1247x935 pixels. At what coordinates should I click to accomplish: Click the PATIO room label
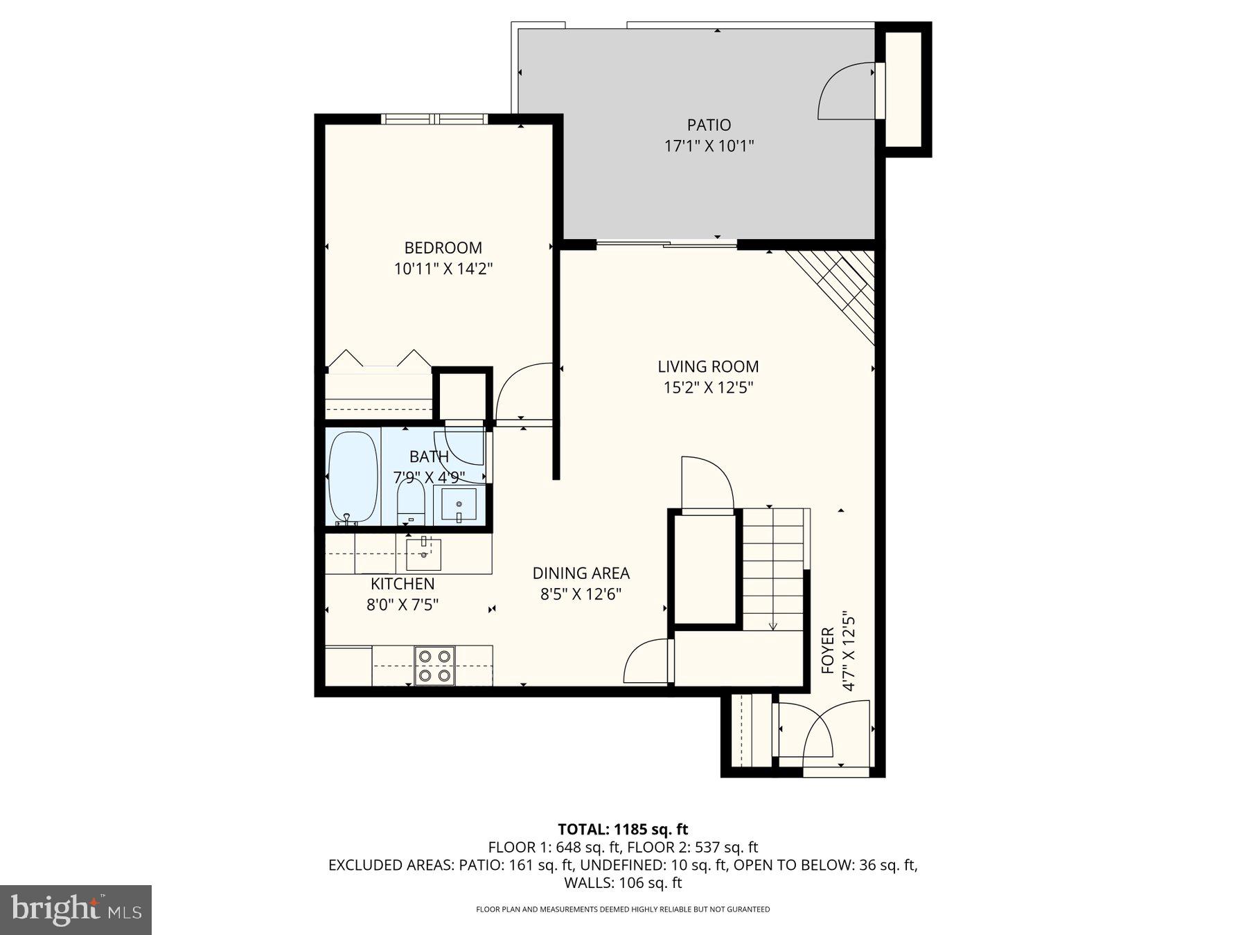[x=708, y=125]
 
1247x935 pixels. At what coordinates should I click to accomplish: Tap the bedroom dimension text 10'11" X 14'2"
[x=443, y=269]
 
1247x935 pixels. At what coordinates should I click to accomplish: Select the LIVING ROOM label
[x=707, y=366]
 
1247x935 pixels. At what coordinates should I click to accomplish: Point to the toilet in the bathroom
[x=411, y=501]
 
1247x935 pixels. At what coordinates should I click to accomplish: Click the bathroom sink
[x=459, y=504]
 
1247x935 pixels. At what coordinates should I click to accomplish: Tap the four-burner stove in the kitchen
[x=434, y=666]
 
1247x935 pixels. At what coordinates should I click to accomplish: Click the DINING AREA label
[x=581, y=573]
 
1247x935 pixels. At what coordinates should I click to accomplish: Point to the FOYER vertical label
[x=828, y=650]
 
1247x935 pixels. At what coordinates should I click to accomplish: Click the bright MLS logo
[x=76, y=909]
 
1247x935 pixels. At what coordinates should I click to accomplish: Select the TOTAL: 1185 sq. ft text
[x=623, y=829]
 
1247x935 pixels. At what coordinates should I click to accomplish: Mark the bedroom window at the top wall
[x=434, y=119]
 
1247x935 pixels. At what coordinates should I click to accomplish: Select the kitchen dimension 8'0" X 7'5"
[x=402, y=605]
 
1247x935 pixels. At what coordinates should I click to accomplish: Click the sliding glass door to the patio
[x=666, y=243]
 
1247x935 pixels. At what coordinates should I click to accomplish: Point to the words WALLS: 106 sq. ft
[x=623, y=883]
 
